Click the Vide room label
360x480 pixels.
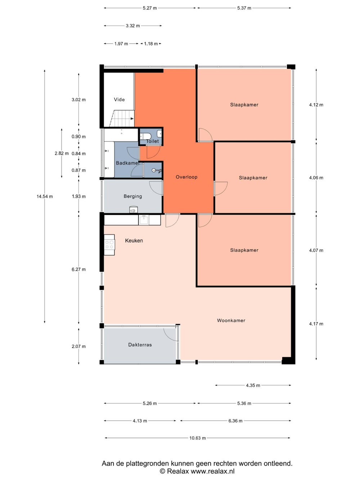119,99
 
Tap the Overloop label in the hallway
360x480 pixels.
186,177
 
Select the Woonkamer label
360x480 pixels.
231,320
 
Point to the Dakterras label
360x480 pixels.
140,345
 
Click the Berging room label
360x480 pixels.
133,196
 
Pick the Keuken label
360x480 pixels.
134,241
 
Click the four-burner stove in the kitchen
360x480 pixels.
109,245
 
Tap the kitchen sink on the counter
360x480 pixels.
144,220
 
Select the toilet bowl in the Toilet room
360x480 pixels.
143,136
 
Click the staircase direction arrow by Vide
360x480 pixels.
132,118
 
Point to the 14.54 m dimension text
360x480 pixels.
45,196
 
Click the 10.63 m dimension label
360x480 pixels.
197,438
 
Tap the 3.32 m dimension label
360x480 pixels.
133,26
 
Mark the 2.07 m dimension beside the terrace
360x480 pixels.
79,346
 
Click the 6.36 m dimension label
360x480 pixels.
235,421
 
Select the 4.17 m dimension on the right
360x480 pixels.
316,324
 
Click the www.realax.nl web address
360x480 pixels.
213,471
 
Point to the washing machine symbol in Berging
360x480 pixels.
133,210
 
